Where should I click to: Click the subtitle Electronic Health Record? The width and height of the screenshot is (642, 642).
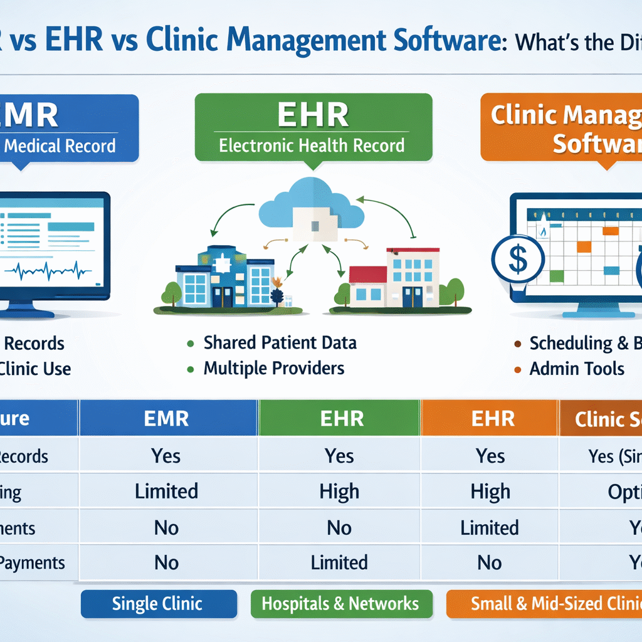click(312, 145)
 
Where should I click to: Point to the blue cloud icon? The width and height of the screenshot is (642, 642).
click(312, 204)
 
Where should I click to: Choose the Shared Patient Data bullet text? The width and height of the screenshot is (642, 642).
click(280, 343)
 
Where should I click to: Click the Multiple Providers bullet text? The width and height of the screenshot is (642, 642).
click(274, 368)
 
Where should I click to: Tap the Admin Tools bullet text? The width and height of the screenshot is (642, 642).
click(577, 369)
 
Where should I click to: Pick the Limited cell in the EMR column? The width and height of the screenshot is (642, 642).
click(166, 491)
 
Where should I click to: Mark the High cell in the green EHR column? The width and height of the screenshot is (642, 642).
click(339, 491)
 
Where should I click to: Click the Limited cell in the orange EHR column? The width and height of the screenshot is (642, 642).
click(490, 527)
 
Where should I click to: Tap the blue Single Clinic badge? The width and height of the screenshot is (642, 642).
click(157, 604)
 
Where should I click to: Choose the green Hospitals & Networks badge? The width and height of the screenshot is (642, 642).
click(340, 604)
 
